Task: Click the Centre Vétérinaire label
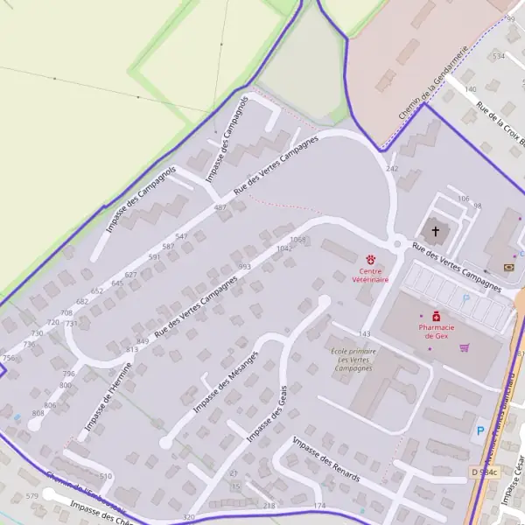coord(371,276)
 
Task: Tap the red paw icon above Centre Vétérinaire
coord(371,260)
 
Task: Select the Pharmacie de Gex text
coord(436,331)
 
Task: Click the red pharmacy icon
coord(436,316)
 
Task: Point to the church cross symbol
coord(435,232)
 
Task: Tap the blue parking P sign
coord(479,431)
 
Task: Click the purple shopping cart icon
coord(464,347)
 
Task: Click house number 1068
coord(297,239)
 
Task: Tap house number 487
coord(220,207)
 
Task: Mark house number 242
coord(392,168)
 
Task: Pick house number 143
coord(366,334)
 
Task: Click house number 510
coord(106,476)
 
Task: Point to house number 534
coord(499,56)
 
